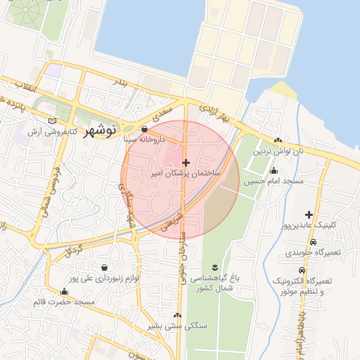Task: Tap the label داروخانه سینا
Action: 144,140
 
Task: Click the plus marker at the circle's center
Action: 186,162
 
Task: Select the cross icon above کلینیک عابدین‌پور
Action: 308,214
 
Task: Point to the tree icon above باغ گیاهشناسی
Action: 214,266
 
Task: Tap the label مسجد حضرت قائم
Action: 64,302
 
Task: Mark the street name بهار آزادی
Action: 215,115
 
